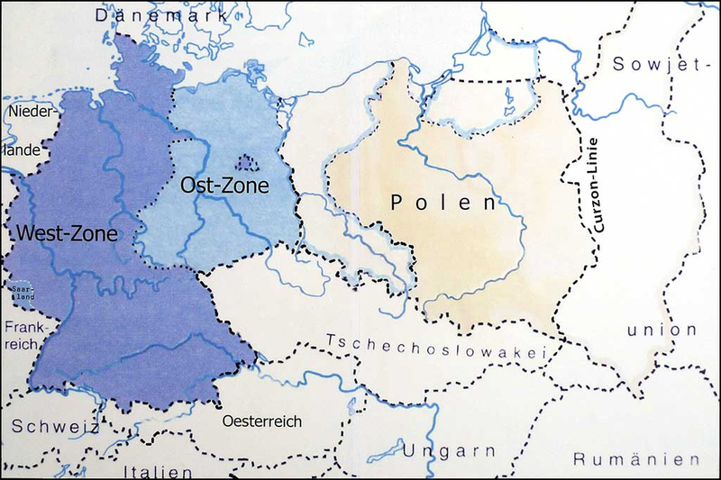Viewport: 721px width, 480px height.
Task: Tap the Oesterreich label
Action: click(261, 421)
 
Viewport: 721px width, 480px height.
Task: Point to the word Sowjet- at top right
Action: click(661, 64)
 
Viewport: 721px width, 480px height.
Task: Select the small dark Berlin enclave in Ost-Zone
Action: click(246, 163)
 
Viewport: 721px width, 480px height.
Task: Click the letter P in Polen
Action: click(398, 203)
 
